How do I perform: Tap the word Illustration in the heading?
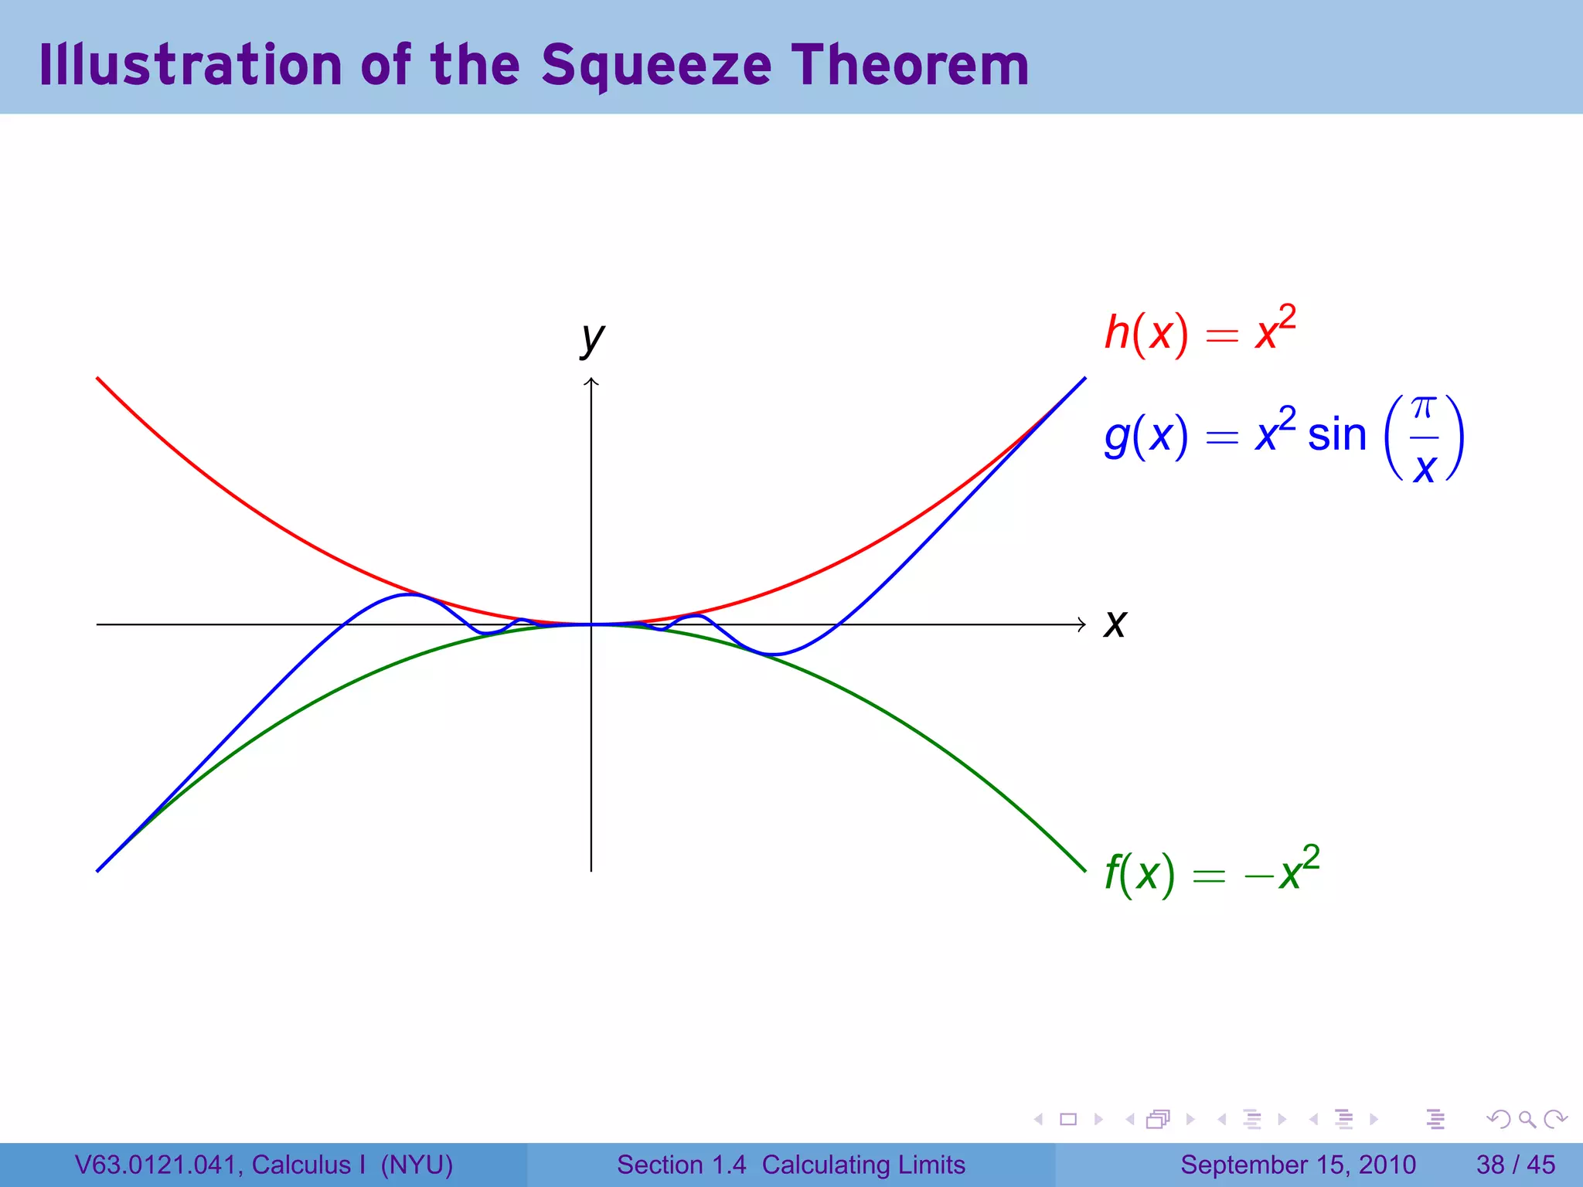coord(190,65)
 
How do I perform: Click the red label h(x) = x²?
coord(1199,332)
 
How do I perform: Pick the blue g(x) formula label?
coord(1283,436)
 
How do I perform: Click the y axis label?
coord(592,338)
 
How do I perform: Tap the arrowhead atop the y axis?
coord(591,380)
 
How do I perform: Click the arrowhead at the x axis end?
coord(1082,624)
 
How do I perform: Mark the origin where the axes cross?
coord(591,624)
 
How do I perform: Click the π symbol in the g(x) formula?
coord(1423,407)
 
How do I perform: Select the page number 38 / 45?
coord(1515,1165)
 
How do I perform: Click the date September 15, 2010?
coord(1298,1165)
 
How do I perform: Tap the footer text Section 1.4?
coord(681,1165)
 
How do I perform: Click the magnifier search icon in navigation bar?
coord(1527,1119)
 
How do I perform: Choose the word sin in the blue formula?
coord(1336,436)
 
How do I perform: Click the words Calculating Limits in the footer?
coord(863,1165)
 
